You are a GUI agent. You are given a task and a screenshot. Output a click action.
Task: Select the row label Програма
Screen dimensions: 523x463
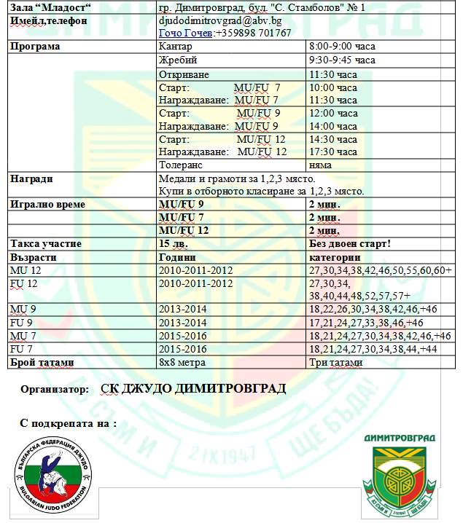coord(35,47)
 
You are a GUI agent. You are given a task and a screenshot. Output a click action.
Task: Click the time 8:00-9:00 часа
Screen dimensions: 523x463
coord(342,47)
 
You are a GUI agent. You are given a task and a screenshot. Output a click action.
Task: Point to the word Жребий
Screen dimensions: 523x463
coord(178,60)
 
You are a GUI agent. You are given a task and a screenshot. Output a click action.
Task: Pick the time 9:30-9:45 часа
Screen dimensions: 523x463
coord(342,60)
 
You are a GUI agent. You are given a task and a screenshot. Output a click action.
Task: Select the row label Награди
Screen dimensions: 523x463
coord(32,178)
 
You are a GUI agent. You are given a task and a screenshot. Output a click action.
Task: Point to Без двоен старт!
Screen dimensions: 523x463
coord(350,244)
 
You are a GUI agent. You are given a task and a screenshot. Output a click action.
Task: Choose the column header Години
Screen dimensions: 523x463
coord(177,257)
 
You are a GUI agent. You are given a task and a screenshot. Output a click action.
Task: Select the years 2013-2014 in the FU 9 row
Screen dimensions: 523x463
coord(183,323)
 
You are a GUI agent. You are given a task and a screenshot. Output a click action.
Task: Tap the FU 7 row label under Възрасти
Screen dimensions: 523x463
coord(20,350)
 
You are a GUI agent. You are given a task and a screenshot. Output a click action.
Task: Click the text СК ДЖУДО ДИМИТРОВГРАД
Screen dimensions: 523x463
coord(192,388)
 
